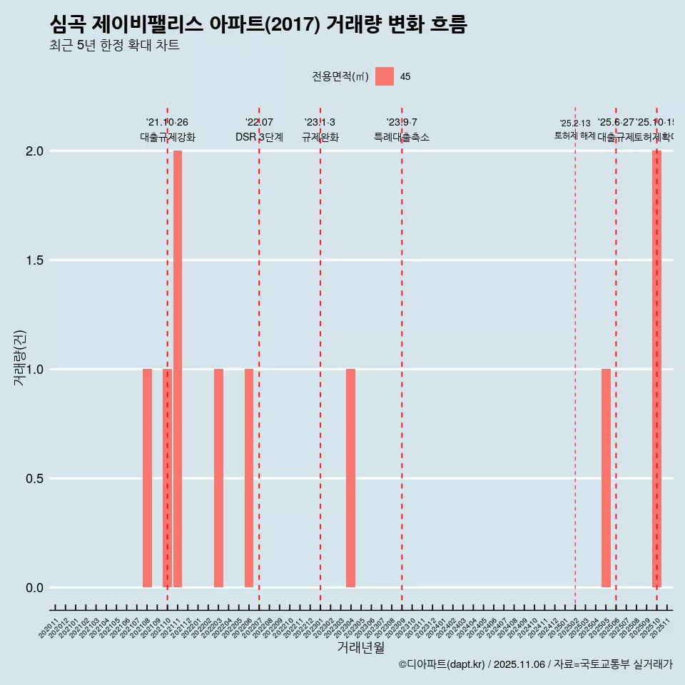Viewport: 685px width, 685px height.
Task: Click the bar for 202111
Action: pyautogui.click(x=178, y=369)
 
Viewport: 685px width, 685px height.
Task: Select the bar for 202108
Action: pyautogui.click(x=147, y=478)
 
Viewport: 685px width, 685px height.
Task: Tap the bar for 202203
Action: pyautogui.click(x=218, y=478)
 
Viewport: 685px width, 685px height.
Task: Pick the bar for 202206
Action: pyautogui.click(x=249, y=478)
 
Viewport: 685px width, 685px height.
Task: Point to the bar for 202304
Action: pyautogui.click(x=350, y=478)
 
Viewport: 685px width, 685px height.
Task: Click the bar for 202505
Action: pyautogui.click(x=606, y=478)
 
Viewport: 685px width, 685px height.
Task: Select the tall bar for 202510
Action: pyautogui.click(x=656, y=369)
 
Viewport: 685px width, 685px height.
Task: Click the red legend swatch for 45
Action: pyautogui.click(x=385, y=76)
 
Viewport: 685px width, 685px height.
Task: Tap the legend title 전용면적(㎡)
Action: pyautogui.click(x=340, y=76)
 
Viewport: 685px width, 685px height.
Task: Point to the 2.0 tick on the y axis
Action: pyautogui.click(x=36, y=151)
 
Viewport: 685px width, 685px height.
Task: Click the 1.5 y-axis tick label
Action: pyautogui.click(x=36, y=260)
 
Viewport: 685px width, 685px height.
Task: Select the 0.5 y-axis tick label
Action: pyautogui.click(x=36, y=479)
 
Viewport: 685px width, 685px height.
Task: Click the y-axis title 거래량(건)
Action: pyautogui.click(x=20, y=357)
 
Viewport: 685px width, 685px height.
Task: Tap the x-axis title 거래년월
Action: pyautogui.click(x=360, y=647)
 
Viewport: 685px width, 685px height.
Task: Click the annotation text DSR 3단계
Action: pyautogui.click(x=259, y=137)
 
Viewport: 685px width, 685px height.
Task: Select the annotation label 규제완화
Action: pyautogui.click(x=320, y=137)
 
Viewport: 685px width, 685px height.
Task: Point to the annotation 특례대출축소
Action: pyautogui.click(x=402, y=137)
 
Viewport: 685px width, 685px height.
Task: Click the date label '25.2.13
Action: pyautogui.click(x=575, y=123)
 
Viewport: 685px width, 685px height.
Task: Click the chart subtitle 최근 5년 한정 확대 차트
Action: pyautogui.click(x=114, y=46)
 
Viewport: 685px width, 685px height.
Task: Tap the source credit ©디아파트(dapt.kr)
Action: pyautogui.click(x=442, y=664)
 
